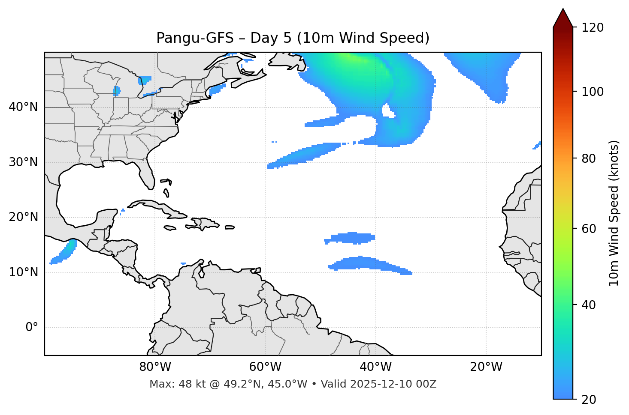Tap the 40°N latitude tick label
tap(23, 107)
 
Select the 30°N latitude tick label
tap(23, 162)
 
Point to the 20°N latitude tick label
tap(23, 217)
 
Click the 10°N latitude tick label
tap(23, 272)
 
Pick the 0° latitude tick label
tap(32, 328)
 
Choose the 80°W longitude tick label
tap(155, 367)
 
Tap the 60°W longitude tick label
tap(265, 367)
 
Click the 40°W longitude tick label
tap(375, 367)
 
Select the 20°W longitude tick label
tap(486, 367)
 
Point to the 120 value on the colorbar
tap(593, 28)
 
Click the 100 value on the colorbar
tap(593, 92)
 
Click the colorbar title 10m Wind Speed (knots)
tap(614, 213)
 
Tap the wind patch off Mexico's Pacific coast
tap(64, 252)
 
